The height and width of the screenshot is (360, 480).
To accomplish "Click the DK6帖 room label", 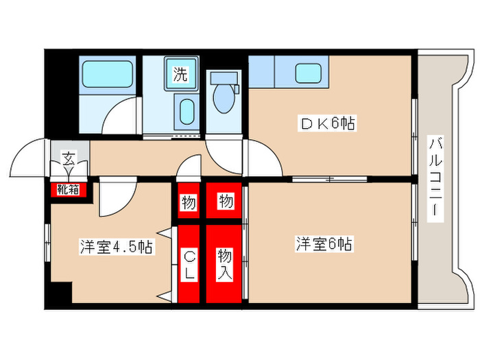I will tap(326, 124).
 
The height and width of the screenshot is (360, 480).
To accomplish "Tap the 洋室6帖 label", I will tap(324, 243).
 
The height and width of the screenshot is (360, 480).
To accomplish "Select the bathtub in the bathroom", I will tap(108, 75).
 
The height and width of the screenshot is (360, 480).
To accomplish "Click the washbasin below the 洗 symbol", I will tap(186, 110).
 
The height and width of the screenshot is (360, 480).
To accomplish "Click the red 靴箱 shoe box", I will tap(68, 188).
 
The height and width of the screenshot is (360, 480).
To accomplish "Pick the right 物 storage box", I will tap(224, 202).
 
